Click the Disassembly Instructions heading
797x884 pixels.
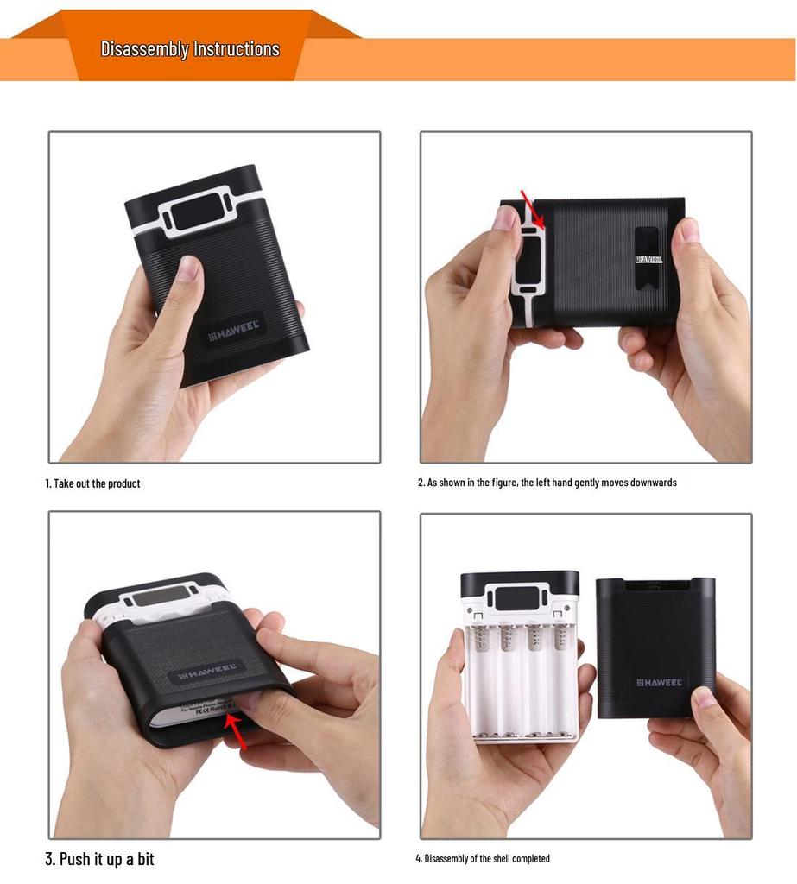tap(190, 49)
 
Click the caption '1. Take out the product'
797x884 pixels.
tap(92, 483)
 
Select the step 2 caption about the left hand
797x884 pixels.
tap(547, 483)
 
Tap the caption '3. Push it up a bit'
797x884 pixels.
tap(99, 859)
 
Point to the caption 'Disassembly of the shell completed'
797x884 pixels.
tap(483, 859)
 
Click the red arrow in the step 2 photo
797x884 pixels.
tap(532, 210)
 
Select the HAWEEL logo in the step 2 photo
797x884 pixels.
tap(648, 259)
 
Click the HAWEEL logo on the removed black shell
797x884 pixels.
tap(659, 682)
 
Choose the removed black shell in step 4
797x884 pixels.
tap(655, 647)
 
